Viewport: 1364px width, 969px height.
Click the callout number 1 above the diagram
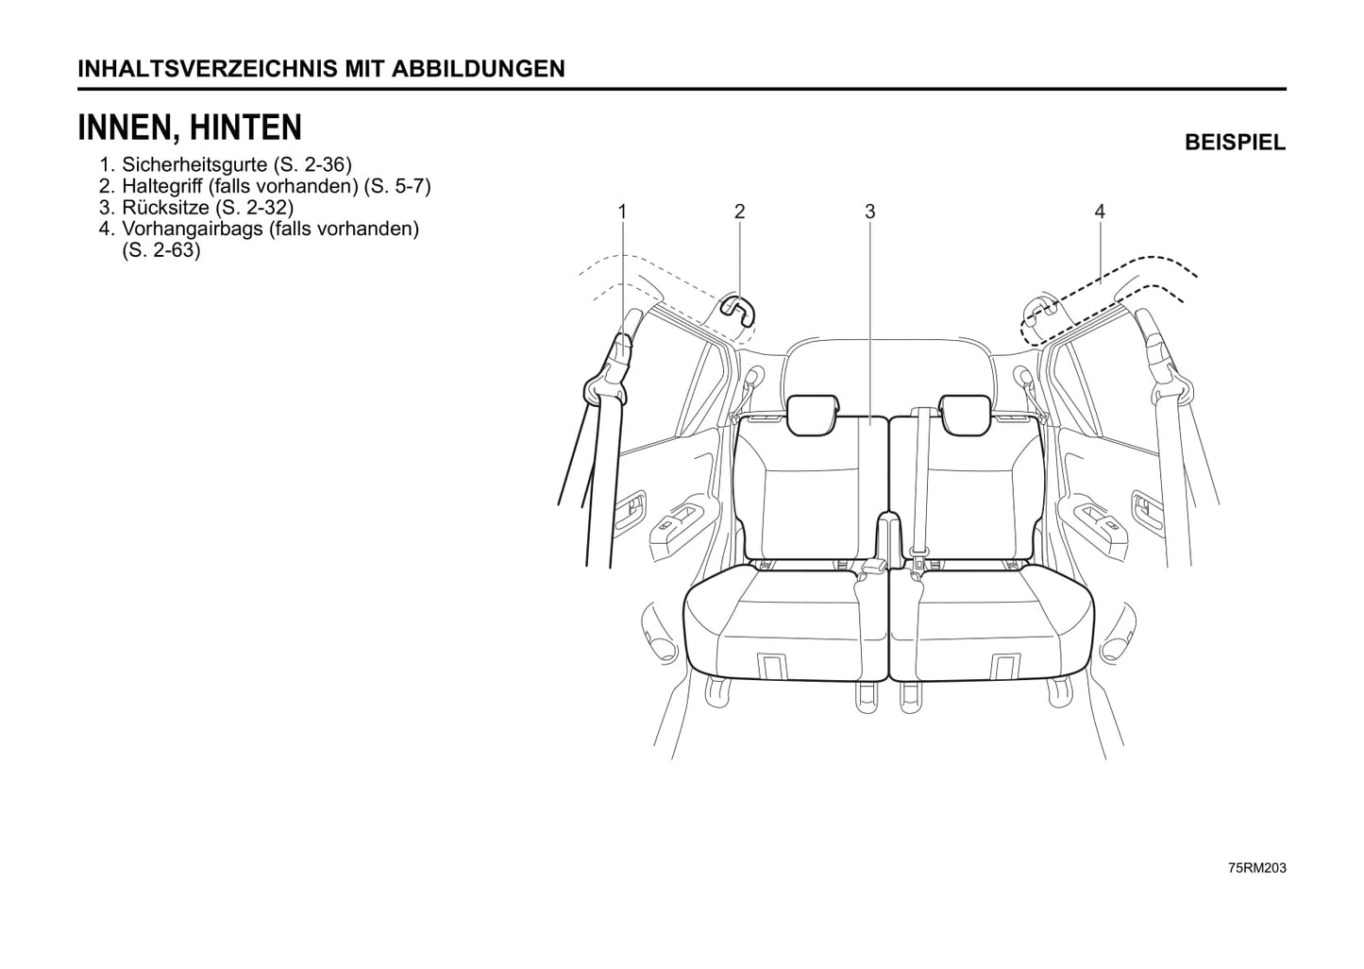[x=622, y=212]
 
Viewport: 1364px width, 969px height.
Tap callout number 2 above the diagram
[x=739, y=212]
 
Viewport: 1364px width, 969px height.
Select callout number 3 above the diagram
[x=869, y=212]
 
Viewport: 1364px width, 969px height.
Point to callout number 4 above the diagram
[x=1099, y=212]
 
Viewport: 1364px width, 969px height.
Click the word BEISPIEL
[x=1235, y=143]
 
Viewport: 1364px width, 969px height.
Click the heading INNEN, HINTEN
[x=190, y=127]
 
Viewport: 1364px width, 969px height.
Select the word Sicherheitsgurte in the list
[x=194, y=164]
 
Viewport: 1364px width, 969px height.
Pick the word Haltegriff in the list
[x=162, y=186]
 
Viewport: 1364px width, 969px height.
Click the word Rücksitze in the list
[x=165, y=207]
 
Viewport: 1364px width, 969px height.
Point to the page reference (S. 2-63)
[x=161, y=250]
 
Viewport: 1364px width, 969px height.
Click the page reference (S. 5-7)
[x=397, y=186]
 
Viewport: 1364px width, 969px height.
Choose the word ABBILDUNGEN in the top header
[x=478, y=69]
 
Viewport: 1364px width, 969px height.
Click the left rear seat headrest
[x=813, y=415]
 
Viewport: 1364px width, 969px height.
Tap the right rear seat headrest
[x=965, y=415]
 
